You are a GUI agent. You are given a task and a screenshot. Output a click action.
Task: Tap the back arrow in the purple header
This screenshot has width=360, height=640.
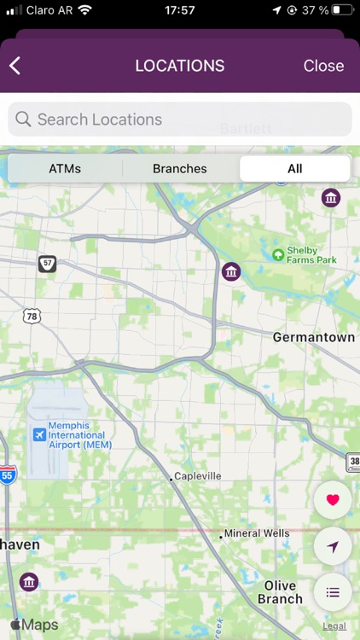click(x=15, y=66)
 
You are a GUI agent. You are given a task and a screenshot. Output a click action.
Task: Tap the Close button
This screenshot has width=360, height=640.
click(x=323, y=66)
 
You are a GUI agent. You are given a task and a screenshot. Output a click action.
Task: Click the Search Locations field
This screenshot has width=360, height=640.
click(x=180, y=119)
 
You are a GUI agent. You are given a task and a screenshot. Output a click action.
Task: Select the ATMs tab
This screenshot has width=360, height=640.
click(x=65, y=168)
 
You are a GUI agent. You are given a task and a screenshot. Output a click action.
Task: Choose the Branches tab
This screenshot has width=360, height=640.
click(x=179, y=168)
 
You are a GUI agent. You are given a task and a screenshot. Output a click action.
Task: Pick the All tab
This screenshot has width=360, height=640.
click(x=294, y=168)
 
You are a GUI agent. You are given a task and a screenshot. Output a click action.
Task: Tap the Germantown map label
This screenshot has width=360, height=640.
click(x=313, y=337)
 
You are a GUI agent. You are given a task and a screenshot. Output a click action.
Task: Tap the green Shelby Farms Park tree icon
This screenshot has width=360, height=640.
click(x=277, y=254)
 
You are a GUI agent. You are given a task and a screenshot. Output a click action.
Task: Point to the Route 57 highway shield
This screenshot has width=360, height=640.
click(x=47, y=264)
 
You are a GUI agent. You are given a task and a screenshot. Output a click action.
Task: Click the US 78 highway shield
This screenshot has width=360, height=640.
click(x=32, y=316)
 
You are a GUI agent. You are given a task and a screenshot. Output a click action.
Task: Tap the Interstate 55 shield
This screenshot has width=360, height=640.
click(x=7, y=474)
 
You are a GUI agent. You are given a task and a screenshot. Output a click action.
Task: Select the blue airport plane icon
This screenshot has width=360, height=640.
click(x=38, y=434)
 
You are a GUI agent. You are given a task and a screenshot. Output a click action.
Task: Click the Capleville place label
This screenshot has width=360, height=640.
click(x=197, y=476)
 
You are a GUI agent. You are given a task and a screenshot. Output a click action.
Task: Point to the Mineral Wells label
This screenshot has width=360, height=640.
click(x=256, y=533)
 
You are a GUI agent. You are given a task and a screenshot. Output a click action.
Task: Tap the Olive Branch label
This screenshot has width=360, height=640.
click(x=280, y=592)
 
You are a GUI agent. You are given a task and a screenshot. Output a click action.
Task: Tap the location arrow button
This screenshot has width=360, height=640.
click(x=333, y=546)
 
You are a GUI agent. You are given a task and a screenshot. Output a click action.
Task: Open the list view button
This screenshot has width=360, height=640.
click(x=333, y=591)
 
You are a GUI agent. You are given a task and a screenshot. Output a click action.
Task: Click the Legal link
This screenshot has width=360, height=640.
click(x=334, y=625)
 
